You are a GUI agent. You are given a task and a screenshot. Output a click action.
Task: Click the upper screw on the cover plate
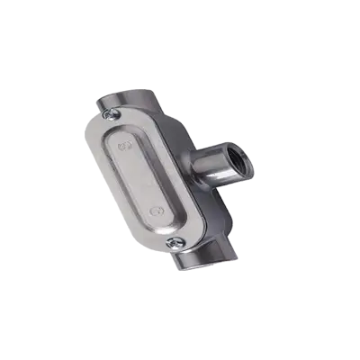(112, 114)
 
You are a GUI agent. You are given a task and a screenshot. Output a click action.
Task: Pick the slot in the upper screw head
(112, 114)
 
